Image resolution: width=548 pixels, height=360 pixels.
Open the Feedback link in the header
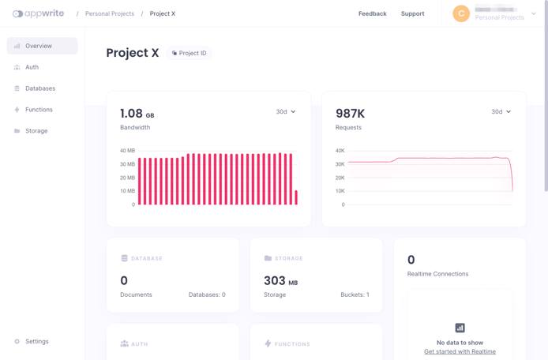click(372, 13)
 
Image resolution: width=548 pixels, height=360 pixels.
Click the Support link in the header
click(412, 13)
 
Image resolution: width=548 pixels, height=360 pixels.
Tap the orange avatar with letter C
click(461, 13)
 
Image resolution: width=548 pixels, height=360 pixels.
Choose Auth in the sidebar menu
click(32, 67)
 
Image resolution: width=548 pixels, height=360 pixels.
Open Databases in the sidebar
click(39, 88)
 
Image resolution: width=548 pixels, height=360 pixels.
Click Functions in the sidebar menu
click(39, 110)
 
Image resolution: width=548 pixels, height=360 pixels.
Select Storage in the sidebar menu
click(36, 131)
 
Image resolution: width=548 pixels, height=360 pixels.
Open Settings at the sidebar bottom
click(36, 342)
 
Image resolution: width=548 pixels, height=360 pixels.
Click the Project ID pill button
click(190, 54)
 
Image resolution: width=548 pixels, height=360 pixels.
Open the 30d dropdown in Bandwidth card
click(285, 112)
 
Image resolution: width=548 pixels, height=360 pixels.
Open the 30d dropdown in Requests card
click(501, 112)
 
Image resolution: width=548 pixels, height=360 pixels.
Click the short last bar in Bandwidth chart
click(296, 197)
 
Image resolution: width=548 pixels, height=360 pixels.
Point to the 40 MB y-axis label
click(127, 151)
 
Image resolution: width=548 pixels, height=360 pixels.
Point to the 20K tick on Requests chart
click(340, 178)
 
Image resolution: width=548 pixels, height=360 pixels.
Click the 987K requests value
click(350, 114)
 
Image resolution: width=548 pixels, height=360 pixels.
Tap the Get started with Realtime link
click(460, 351)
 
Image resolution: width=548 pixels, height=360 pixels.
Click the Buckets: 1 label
click(355, 294)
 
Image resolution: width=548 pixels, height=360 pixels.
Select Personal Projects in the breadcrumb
click(109, 13)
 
